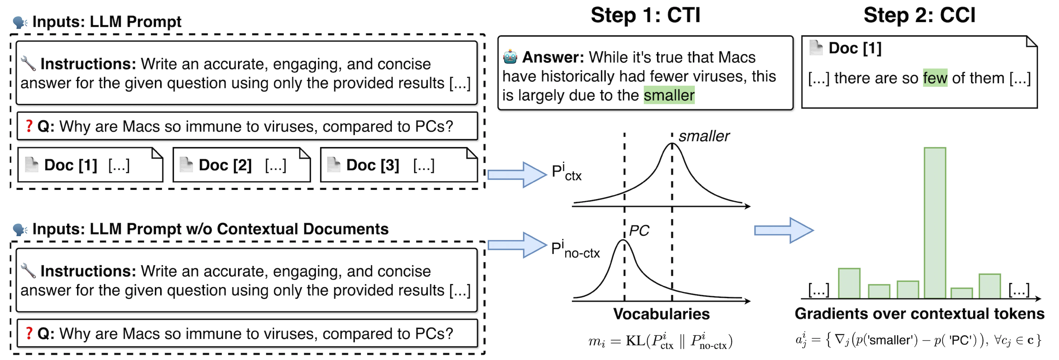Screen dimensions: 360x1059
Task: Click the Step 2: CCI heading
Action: point(919,16)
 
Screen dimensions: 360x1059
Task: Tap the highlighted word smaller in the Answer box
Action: point(669,95)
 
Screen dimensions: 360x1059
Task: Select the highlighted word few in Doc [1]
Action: point(935,78)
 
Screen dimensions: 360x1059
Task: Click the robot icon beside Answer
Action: point(510,57)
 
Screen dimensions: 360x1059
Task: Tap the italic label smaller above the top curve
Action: point(704,136)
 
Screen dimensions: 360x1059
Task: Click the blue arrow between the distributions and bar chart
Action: point(784,231)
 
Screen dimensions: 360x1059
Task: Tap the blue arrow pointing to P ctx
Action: point(517,175)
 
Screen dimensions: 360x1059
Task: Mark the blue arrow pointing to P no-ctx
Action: point(517,245)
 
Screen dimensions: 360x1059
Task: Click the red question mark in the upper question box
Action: point(29,126)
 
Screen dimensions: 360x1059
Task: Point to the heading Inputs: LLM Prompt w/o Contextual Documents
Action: point(210,229)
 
